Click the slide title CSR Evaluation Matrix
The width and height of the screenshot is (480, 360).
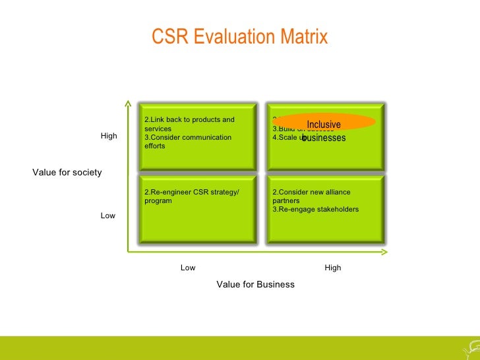click(239, 37)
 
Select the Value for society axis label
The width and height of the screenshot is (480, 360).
click(67, 173)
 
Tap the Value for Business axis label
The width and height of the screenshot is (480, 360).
click(255, 284)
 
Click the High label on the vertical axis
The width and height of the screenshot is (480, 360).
click(109, 136)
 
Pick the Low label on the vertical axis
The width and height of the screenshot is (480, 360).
click(108, 216)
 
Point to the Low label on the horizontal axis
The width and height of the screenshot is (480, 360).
click(188, 268)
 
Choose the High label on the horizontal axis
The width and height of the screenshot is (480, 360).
click(333, 268)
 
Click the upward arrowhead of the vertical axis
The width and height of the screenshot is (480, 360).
click(128, 104)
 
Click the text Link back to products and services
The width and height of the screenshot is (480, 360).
click(189, 124)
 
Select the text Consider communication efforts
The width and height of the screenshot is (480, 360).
click(188, 142)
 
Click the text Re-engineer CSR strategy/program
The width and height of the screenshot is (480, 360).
click(191, 196)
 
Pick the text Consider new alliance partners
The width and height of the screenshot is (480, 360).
click(311, 196)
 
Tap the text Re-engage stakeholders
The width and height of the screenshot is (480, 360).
click(316, 209)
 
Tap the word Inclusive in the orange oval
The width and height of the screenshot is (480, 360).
click(324, 125)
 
